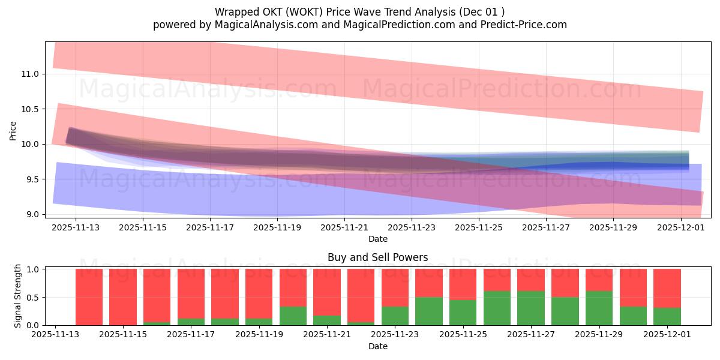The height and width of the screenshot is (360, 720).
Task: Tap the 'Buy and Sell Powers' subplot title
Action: point(377,257)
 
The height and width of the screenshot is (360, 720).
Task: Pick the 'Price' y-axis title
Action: point(13,130)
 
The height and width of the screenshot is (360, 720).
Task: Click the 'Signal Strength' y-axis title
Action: point(18,296)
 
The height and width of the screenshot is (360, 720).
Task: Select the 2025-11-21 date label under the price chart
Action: point(344,228)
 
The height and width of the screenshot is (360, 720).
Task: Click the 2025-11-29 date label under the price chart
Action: point(613,228)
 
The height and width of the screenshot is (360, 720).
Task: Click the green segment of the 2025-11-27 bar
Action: point(531,308)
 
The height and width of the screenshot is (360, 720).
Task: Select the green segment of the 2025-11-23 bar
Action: point(395,316)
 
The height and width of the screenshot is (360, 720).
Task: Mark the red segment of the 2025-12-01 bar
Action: point(667,288)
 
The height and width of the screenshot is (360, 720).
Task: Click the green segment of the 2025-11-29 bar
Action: point(599,308)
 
